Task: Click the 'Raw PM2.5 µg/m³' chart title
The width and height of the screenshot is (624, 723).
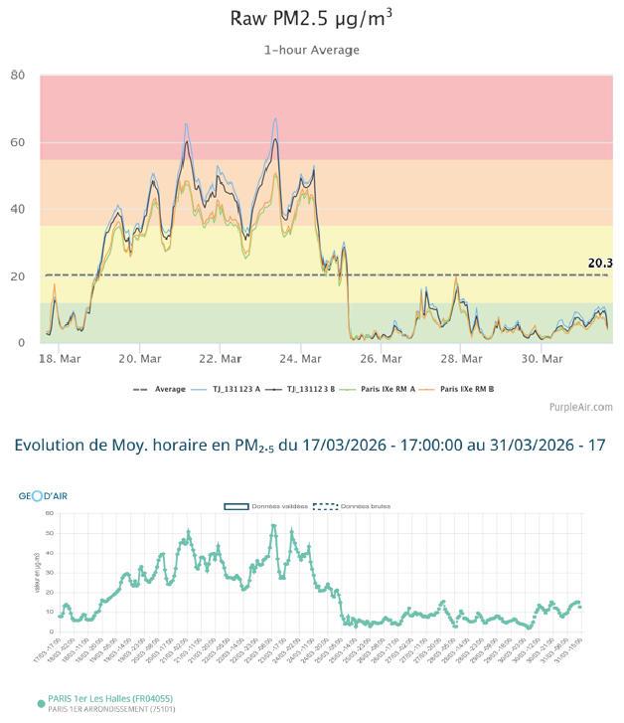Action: click(311, 18)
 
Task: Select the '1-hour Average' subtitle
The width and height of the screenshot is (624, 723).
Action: click(311, 50)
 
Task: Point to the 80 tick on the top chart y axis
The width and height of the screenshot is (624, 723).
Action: click(18, 76)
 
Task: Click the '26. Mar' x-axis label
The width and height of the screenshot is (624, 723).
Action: click(382, 359)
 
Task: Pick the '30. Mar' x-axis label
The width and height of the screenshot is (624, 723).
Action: click(544, 359)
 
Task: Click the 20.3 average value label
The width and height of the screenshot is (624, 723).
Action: click(599, 264)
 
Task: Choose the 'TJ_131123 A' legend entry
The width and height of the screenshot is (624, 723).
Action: click(237, 389)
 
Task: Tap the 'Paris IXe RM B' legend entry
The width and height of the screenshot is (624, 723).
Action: click(466, 389)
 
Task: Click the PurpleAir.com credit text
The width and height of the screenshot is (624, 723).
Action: click(580, 407)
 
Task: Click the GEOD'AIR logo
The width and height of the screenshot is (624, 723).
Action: click(45, 495)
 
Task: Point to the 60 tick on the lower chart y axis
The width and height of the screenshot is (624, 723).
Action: click(50, 513)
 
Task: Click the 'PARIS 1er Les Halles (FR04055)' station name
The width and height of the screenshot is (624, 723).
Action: click(112, 699)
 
